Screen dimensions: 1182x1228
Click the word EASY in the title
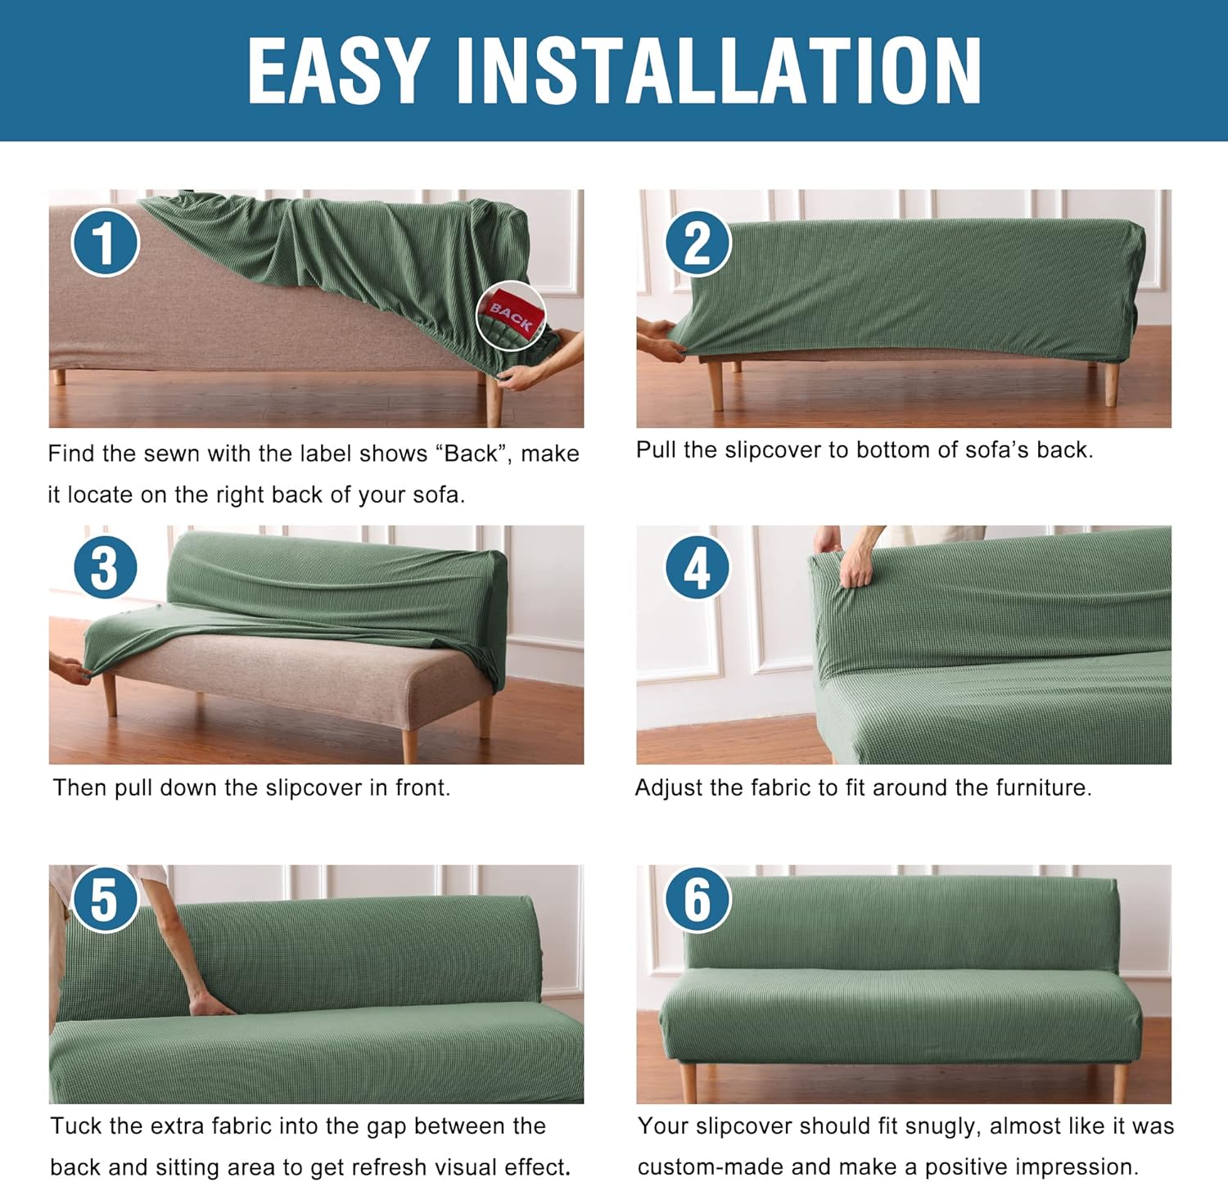click(x=337, y=71)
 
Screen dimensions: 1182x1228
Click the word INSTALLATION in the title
click(x=718, y=71)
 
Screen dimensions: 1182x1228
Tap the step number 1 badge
click(x=105, y=242)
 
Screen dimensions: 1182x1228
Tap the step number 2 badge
click(x=697, y=242)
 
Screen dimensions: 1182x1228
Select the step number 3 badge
click(x=105, y=567)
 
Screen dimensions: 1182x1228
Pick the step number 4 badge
click(x=697, y=567)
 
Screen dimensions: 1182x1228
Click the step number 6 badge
click(x=697, y=899)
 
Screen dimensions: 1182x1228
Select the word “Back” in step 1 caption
click(x=471, y=453)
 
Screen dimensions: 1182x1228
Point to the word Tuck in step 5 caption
click(x=75, y=1126)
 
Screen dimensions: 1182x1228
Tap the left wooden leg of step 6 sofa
click(x=688, y=1081)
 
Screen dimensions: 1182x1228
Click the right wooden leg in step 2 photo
click(x=1110, y=384)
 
